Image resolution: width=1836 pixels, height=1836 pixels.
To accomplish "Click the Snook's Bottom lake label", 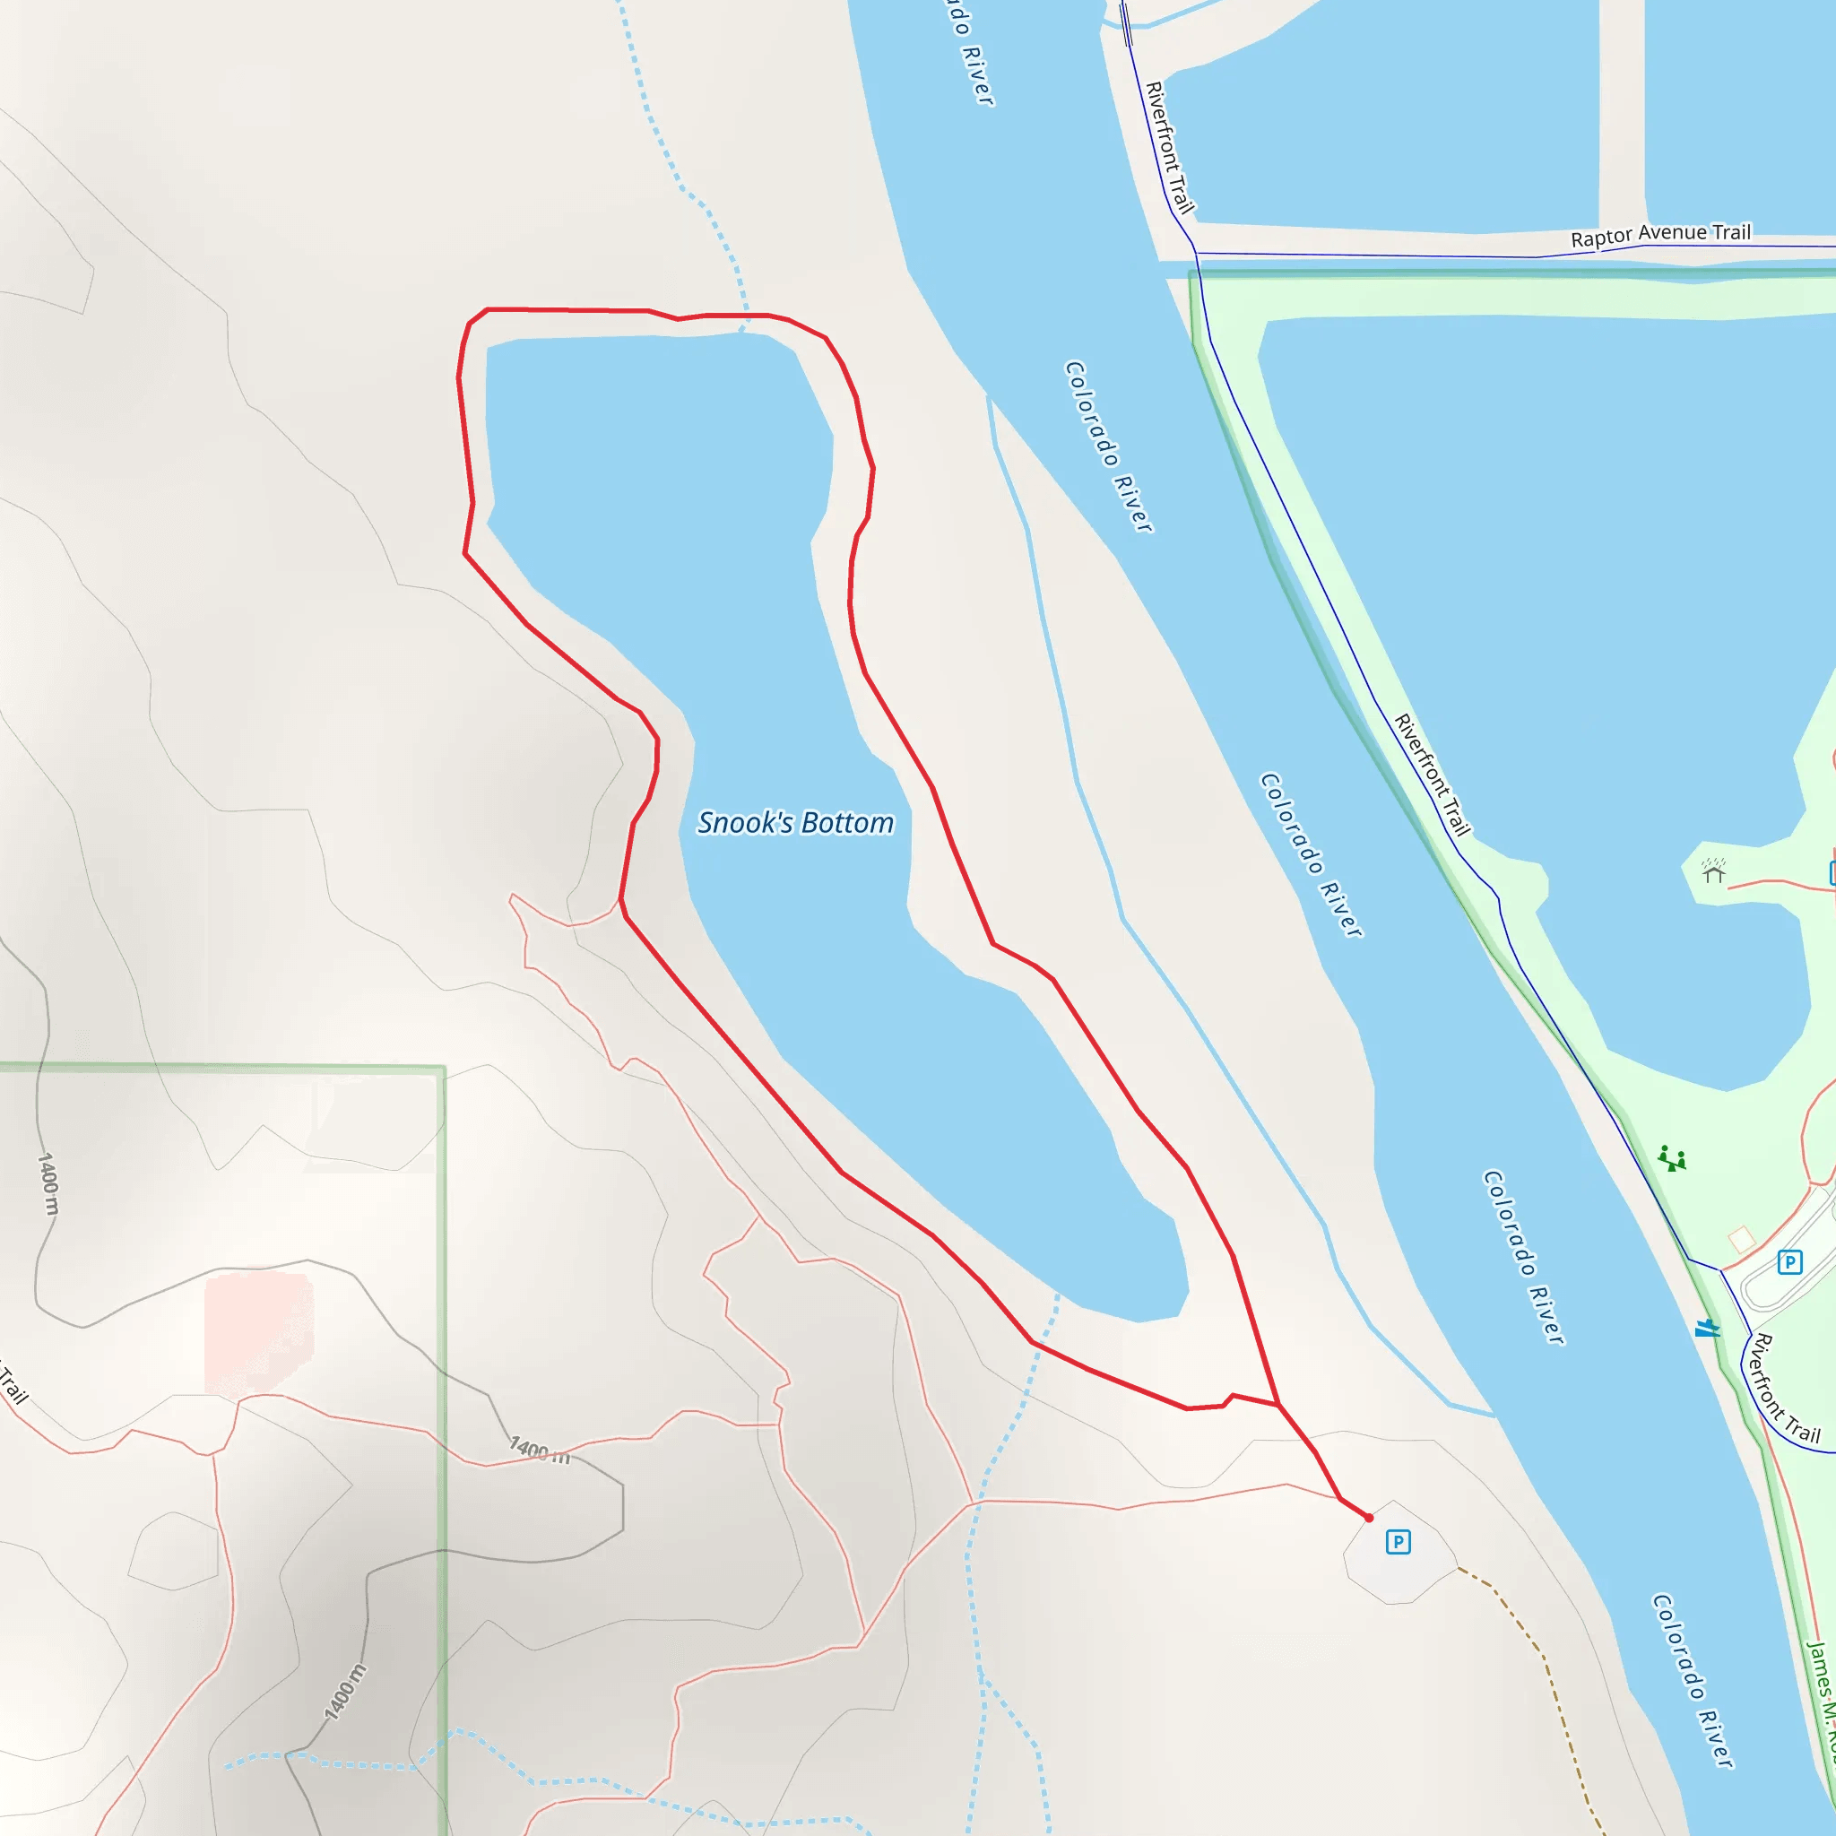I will coord(795,822).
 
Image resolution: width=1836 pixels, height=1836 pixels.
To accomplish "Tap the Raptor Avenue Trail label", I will coord(1660,234).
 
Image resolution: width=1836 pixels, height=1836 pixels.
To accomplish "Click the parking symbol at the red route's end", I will coord(1397,1541).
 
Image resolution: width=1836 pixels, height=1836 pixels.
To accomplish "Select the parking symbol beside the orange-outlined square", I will coord(1789,1262).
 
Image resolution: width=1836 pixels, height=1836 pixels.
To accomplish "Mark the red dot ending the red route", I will coord(1368,1518).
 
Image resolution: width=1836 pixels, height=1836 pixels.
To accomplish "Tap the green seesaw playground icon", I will coord(1672,1158).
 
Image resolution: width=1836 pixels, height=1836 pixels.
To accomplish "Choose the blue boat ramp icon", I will coord(1708,1328).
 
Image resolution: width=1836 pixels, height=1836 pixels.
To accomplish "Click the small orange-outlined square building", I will coord(1741,1239).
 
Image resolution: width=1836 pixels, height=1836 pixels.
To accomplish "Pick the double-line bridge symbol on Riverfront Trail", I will coord(1126,25).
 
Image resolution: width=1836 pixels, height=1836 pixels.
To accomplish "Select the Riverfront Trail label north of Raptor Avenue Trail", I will coord(1169,147).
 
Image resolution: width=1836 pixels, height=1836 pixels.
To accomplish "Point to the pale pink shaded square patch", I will coord(258,1334).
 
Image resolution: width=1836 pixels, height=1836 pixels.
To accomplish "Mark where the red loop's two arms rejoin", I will coord(1278,1404).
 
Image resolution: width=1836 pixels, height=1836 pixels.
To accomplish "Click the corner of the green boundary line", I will coord(444,1068).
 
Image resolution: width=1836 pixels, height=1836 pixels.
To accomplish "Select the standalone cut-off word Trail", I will coord(13,1383).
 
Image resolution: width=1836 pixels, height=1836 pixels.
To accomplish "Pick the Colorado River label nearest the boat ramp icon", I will coord(1523,1256).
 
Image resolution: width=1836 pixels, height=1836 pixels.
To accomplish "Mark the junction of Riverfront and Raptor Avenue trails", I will coord(1197,254).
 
